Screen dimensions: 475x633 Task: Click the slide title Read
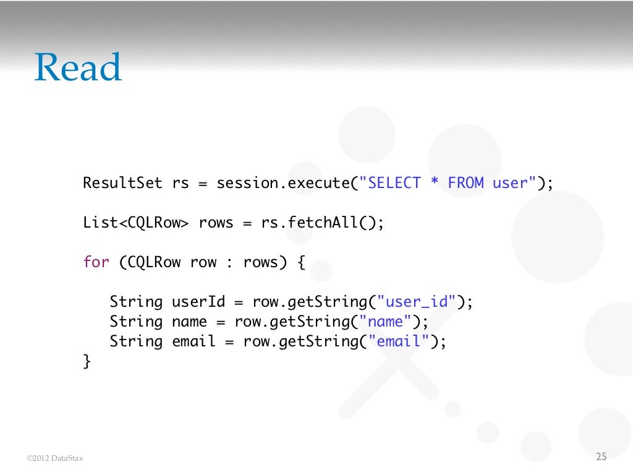click(78, 67)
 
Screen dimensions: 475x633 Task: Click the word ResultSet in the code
click(122, 183)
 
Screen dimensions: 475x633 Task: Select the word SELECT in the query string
click(395, 183)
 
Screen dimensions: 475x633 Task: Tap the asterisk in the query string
click(435, 183)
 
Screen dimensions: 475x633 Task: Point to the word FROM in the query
click(465, 183)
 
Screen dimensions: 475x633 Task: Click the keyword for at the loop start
click(96, 262)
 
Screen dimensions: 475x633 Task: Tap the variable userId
click(193, 302)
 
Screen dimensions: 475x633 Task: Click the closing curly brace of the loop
click(87, 361)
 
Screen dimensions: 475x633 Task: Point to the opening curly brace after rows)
click(301, 262)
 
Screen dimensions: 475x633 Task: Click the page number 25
click(601, 457)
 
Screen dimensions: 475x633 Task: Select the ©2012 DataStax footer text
click(55, 458)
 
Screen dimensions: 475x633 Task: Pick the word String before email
click(136, 342)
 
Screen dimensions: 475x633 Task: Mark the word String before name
click(136, 322)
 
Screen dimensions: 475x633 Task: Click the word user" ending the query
click(514, 183)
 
